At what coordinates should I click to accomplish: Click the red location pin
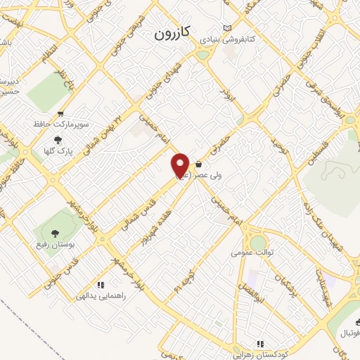180,165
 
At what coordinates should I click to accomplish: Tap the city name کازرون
173,33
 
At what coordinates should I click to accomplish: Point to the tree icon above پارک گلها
58,139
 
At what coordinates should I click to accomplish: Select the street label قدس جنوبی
63,271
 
